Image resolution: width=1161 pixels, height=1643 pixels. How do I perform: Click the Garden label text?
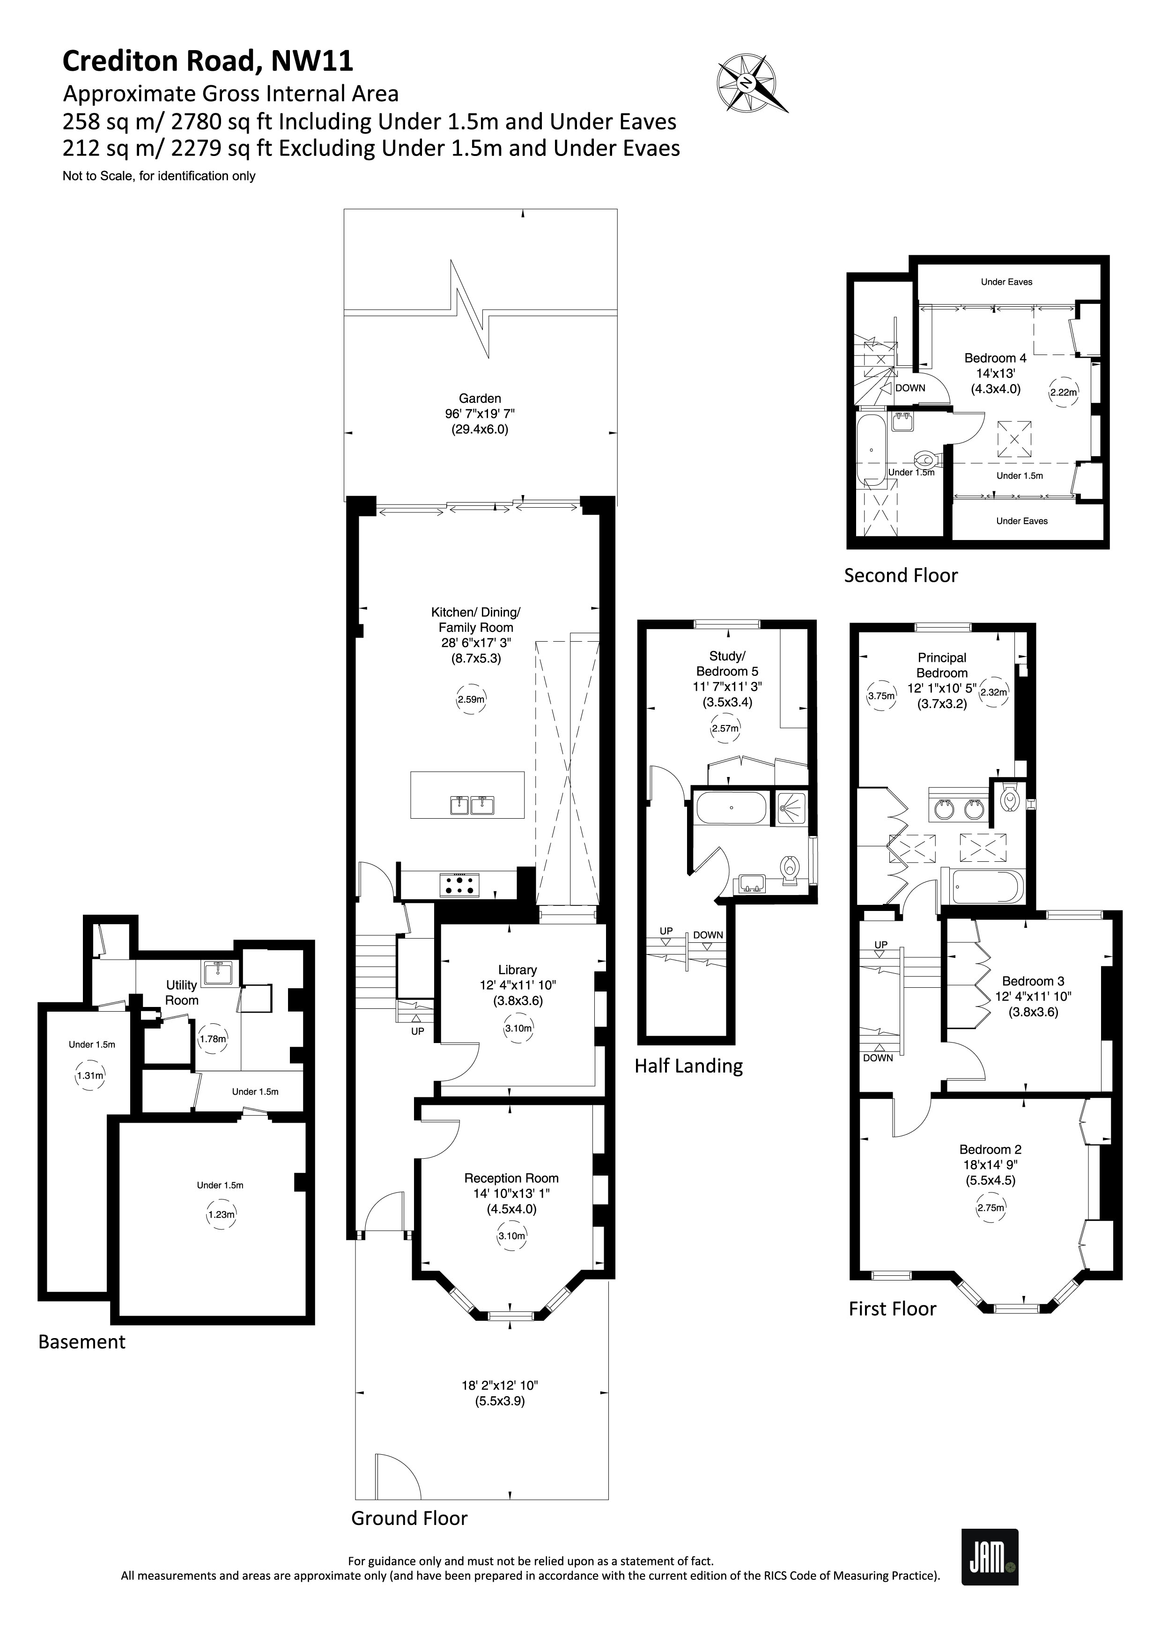(x=479, y=399)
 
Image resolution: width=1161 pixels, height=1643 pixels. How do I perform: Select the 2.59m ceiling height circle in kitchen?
(x=471, y=699)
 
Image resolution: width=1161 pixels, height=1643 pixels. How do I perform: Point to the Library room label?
(x=517, y=970)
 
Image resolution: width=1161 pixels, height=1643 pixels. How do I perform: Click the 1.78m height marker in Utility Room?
(x=213, y=1038)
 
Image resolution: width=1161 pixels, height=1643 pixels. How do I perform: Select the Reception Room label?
(x=511, y=1178)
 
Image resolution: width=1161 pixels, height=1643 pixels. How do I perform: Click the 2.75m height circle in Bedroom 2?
(x=990, y=1208)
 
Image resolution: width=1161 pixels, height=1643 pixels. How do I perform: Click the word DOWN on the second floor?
(x=910, y=388)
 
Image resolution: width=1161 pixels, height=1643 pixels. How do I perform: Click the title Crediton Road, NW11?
(x=207, y=61)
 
